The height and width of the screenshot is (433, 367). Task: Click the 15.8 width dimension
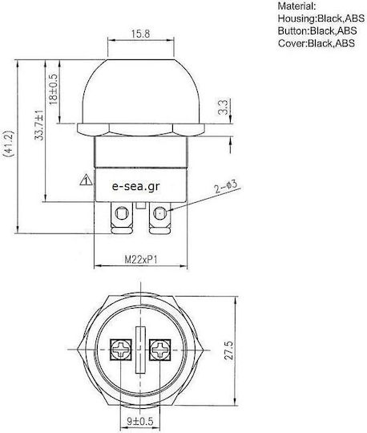140,34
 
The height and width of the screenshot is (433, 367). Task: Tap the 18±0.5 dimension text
54,89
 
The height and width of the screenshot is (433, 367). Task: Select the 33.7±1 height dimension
39,125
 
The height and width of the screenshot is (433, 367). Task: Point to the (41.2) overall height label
9,144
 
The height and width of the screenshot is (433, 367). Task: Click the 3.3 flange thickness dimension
223,107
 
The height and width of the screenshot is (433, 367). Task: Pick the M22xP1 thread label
141,260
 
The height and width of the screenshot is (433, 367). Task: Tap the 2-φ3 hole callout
226,187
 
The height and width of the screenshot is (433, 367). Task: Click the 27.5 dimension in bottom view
228,350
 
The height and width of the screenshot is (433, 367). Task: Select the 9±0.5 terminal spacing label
139,422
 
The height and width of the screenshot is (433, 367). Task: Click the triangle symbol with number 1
86,180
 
